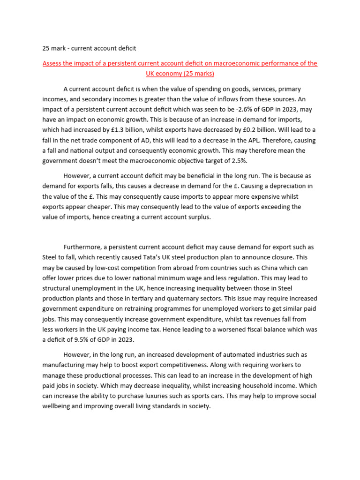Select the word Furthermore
[82, 247]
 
